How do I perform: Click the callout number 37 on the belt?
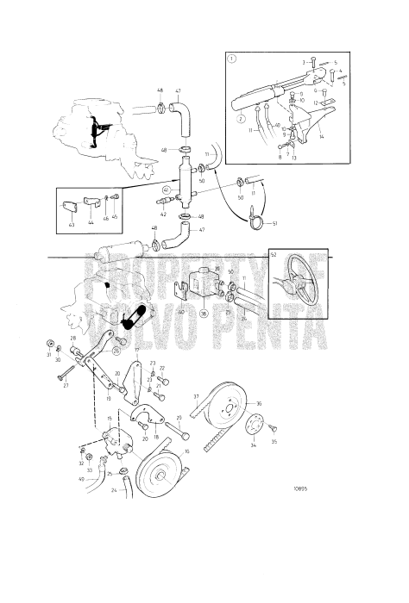pos(196,396)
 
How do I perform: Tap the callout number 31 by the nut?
pos(48,353)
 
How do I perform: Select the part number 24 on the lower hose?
pos(113,490)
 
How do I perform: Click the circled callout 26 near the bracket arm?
pos(116,351)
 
